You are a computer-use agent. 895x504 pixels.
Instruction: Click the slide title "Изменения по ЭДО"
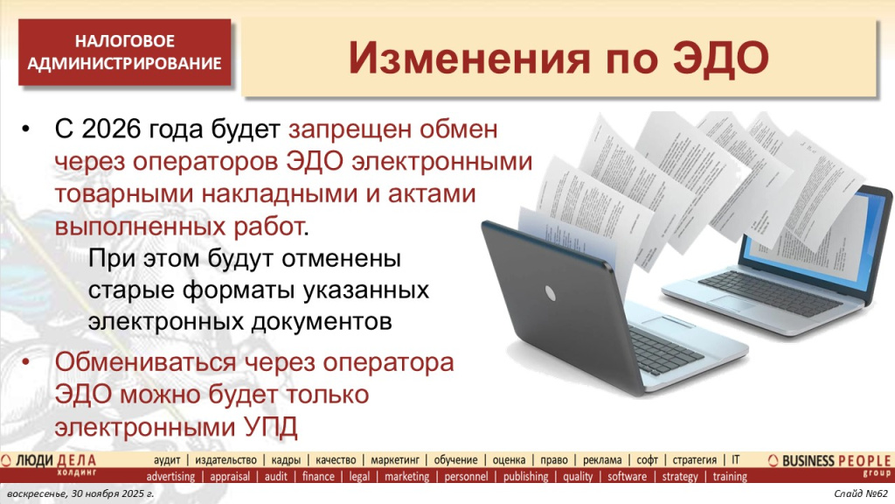pos(559,58)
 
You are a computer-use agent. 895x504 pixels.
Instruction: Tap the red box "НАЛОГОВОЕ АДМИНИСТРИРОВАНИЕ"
pos(124,52)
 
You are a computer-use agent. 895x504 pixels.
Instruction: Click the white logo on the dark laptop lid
pos(552,289)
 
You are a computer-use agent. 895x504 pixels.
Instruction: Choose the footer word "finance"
pos(318,477)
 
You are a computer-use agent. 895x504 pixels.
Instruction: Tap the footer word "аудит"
pos(168,459)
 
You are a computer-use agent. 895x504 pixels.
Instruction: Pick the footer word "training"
pos(730,477)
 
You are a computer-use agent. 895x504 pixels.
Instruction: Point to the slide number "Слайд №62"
pos(860,496)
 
